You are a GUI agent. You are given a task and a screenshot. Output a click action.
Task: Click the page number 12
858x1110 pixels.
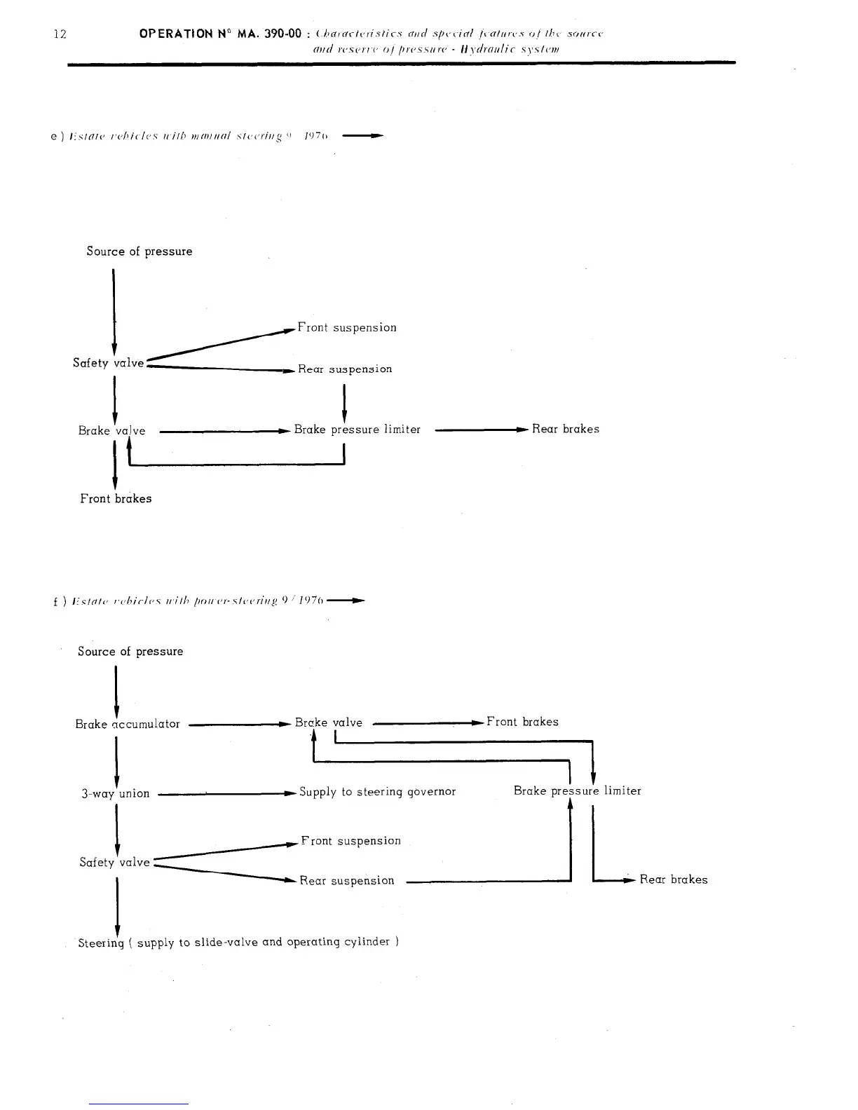60,34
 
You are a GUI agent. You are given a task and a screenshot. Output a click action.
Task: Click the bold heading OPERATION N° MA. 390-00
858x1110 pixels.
221,34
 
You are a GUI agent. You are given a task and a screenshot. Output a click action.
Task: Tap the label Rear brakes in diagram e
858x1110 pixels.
566,429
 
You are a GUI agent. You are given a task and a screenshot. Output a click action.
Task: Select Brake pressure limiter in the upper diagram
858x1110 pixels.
357,429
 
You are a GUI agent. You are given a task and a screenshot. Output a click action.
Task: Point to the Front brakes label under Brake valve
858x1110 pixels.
116,498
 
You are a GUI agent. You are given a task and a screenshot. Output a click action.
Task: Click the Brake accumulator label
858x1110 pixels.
128,724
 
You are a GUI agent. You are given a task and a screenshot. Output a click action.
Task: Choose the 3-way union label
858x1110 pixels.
116,793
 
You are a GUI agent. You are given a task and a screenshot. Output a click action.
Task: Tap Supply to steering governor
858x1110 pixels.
377,791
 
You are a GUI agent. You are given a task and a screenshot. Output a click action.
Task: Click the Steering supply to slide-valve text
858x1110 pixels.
238,943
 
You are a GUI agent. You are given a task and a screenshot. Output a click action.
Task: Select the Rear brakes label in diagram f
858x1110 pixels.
674,879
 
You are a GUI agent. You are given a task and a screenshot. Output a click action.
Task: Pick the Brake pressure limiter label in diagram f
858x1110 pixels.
577,790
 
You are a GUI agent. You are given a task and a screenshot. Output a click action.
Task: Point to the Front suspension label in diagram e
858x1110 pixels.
347,327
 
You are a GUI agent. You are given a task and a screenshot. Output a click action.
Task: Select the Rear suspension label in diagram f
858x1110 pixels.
347,880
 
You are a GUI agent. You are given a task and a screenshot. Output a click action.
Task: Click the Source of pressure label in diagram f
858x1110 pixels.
130,651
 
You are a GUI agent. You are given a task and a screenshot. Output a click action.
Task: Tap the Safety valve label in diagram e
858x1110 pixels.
108,362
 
